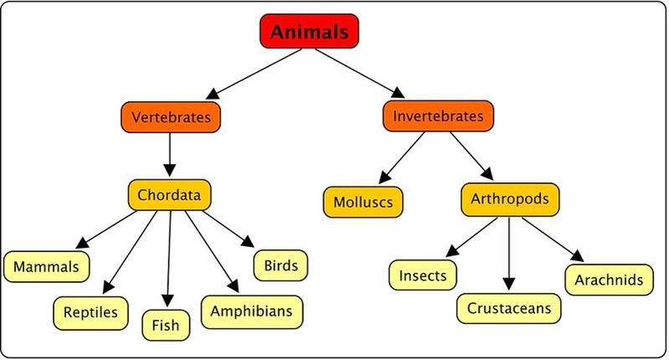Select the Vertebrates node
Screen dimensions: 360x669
click(x=170, y=116)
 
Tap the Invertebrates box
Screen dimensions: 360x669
click(x=438, y=116)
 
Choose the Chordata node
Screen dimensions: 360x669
click(x=169, y=194)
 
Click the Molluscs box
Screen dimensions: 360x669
click(x=363, y=203)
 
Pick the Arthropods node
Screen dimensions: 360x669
click(x=509, y=199)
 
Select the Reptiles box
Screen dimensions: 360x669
click(x=90, y=312)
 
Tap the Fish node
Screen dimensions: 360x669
click(x=165, y=323)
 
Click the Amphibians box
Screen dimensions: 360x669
click(x=251, y=311)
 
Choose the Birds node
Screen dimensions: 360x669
click(x=280, y=265)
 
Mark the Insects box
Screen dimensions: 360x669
click(x=422, y=274)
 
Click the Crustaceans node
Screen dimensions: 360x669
click(x=508, y=307)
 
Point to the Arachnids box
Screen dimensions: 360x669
click(x=609, y=279)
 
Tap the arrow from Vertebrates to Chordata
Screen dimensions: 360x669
click(x=170, y=154)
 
